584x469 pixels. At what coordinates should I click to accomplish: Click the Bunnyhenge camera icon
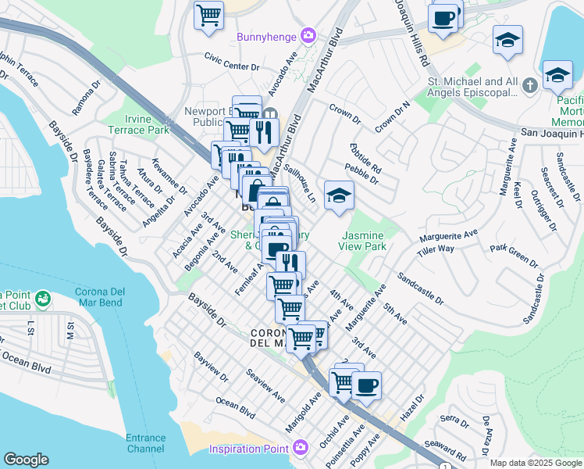click(308, 36)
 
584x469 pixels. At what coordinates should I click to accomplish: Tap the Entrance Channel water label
click(145, 443)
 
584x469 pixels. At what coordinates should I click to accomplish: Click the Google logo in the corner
click(26, 460)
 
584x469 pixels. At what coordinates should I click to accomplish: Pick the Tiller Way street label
click(436, 249)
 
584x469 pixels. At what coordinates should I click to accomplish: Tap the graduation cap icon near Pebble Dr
click(338, 195)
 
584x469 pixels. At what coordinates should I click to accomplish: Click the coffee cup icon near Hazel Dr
click(365, 385)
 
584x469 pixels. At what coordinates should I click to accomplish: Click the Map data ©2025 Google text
click(536, 463)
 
